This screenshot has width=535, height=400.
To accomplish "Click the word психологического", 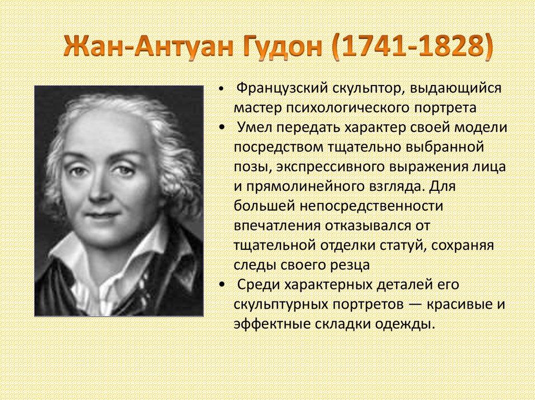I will point(345,107).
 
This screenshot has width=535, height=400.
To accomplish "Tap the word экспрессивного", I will point(343,167).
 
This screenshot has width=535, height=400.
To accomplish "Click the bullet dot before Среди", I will point(223,285).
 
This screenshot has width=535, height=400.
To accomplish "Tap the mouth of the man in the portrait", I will point(102,214).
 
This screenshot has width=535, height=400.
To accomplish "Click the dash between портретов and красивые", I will point(417,304).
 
